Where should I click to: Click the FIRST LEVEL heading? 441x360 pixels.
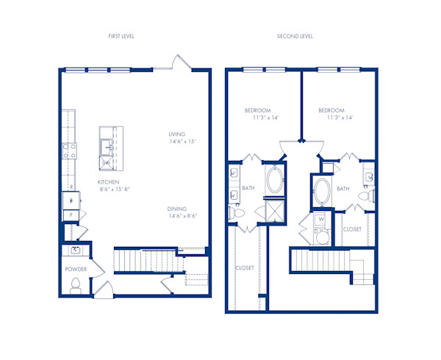121,36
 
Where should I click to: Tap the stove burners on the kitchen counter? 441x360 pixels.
69,151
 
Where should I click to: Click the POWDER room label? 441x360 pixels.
76,269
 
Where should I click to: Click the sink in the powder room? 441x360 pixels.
76,251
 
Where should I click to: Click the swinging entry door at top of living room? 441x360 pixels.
181,62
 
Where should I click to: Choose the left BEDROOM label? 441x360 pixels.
258,111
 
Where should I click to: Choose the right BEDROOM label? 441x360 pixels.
332,111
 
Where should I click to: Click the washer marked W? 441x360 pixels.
321,218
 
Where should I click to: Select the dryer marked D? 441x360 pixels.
321,234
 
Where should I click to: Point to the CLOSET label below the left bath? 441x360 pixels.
245,268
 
